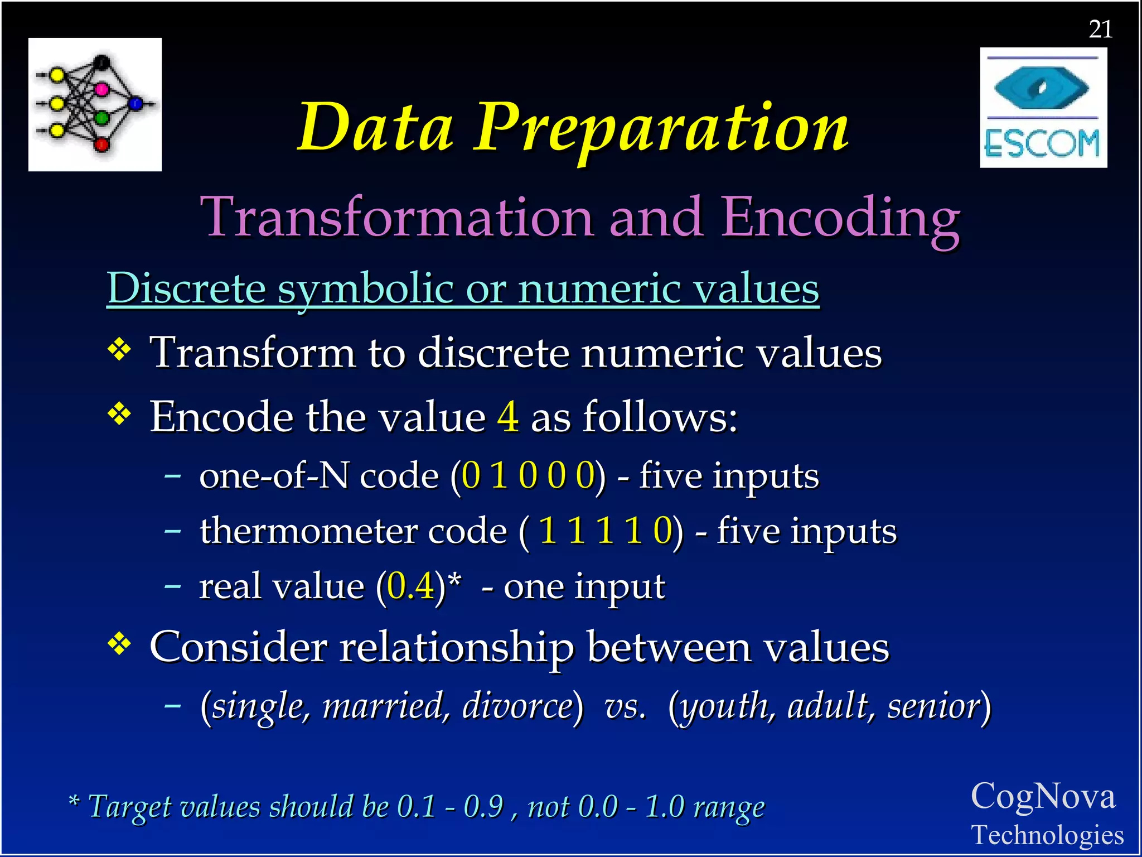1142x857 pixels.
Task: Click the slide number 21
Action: (x=1100, y=29)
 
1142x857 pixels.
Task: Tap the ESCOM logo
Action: (x=1043, y=108)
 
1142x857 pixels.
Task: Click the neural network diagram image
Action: (x=95, y=104)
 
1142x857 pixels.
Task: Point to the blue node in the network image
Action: (x=136, y=103)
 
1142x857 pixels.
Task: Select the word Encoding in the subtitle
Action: (x=840, y=218)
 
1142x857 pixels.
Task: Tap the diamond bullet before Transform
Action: (x=119, y=350)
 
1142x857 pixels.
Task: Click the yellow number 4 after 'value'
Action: (x=507, y=417)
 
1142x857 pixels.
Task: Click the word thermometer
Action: (x=308, y=531)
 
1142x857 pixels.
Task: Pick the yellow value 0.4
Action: (x=410, y=586)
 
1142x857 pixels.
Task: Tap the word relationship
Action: (x=456, y=647)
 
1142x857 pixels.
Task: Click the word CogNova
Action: (x=1043, y=796)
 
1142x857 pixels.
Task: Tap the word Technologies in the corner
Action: (x=1047, y=835)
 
